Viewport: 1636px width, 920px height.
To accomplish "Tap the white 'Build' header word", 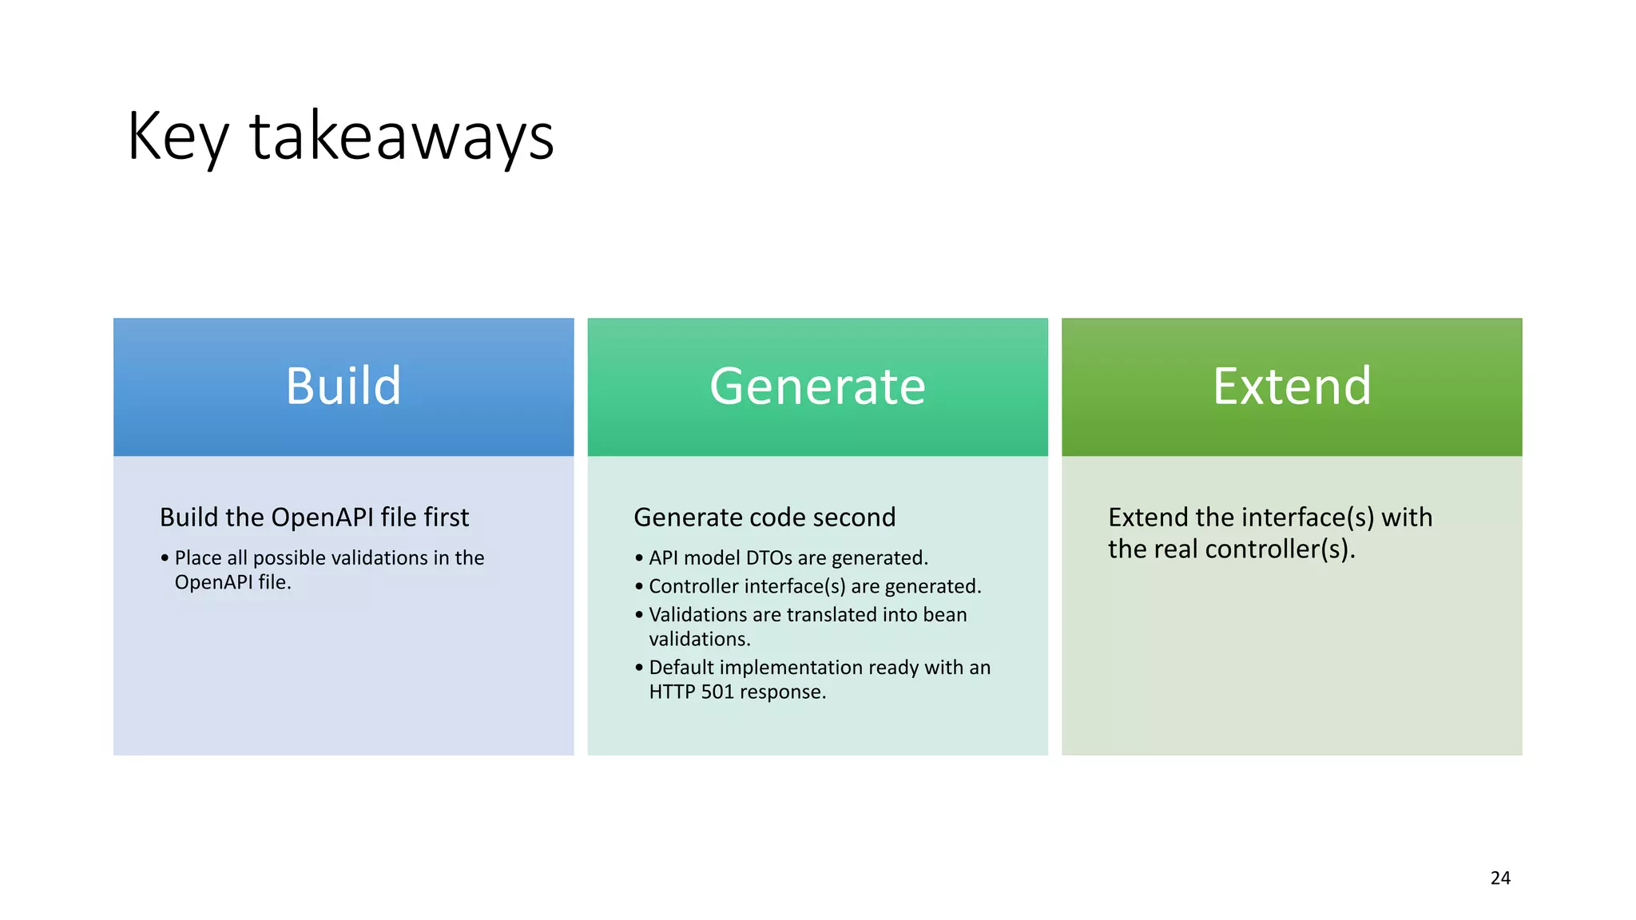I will pos(343,387).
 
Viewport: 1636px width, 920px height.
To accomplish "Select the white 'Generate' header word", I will pos(817,387).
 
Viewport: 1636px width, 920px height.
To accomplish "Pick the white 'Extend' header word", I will pos(1292,387).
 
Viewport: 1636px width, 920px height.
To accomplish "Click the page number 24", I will pos(1500,878).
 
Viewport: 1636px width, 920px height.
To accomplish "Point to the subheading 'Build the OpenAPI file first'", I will pos(314,517).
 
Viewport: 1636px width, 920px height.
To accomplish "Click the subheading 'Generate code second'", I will pos(764,517).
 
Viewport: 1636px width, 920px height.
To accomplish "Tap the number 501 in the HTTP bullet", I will pos(717,692).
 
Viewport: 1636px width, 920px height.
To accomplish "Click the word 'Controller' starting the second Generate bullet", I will pos(693,586).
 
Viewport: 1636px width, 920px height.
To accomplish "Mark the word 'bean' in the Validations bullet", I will pos(945,614).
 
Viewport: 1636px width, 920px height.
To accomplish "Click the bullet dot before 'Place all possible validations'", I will pos(165,557).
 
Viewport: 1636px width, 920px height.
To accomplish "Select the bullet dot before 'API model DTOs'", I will pos(639,557).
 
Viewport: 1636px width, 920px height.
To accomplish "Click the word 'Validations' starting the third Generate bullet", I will pos(697,614).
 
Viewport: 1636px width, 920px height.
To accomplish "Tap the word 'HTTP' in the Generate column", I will pos(672,692).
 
